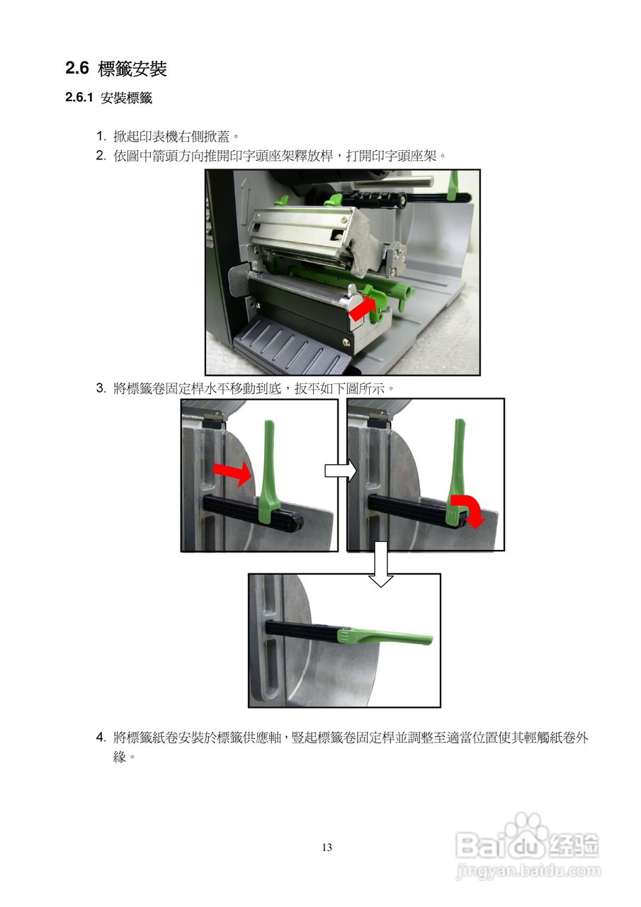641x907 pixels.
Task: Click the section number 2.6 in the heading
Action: (77, 68)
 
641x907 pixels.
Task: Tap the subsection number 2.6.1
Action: (79, 98)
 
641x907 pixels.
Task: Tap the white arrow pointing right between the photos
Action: (341, 471)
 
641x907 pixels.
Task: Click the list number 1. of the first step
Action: (101, 137)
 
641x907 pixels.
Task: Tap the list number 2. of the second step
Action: (101, 156)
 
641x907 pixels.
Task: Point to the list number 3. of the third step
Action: (101, 388)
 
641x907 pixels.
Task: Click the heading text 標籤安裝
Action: (132, 69)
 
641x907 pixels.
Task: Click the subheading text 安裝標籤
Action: (126, 98)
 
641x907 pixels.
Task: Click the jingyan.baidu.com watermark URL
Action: (528, 869)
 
